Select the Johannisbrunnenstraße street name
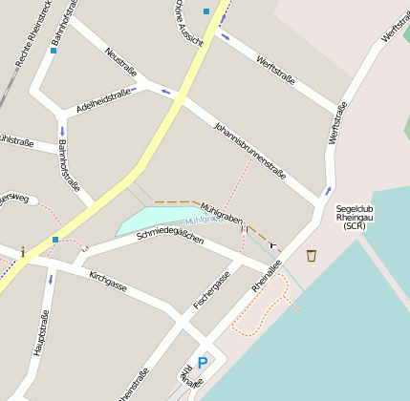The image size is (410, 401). tap(249, 151)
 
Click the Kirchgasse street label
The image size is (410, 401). tap(107, 282)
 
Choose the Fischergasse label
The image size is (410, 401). tap(211, 289)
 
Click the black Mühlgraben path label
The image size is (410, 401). tap(222, 206)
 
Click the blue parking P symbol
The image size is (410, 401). tap(202, 362)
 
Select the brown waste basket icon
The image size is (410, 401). tap(311, 255)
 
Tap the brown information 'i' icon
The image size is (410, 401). tap(22, 252)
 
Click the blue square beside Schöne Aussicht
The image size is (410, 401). tap(206, 11)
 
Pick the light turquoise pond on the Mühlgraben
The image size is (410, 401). tap(153, 220)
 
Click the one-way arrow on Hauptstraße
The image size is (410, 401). tap(51, 280)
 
